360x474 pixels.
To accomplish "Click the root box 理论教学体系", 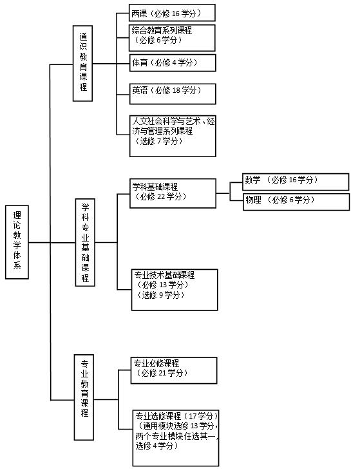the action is (x=17, y=242).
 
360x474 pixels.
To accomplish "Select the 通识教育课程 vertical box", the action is (x=82, y=63).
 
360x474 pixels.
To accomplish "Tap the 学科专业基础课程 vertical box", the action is (x=85, y=242).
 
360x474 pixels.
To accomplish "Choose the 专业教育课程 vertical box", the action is (x=84, y=397).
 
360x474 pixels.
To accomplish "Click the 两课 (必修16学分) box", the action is (x=172, y=13).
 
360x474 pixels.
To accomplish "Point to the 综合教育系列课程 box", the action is (x=172, y=38).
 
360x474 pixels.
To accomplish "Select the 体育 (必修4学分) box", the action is (x=173, y=63).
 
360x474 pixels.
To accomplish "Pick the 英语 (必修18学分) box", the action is (x=173, y=94).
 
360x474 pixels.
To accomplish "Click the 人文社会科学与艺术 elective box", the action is (x=173, y=136).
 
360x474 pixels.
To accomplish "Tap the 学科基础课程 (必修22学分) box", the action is (x=173, y=193).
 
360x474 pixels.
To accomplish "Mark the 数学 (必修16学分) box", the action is (x=296, y=182).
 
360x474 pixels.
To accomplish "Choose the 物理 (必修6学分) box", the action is (x=296, y=202).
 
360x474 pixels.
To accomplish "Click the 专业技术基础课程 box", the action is (x=175, y=290).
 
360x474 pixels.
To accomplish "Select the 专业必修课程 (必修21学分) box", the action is (x=174, y=370).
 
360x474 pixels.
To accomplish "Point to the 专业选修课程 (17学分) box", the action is (x=176, y=438).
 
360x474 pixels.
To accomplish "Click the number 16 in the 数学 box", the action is (x=292, y=180).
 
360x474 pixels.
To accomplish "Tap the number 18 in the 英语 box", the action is (x=176, y=90).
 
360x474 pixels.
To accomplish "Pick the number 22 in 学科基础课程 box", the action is (x=161, y=196).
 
